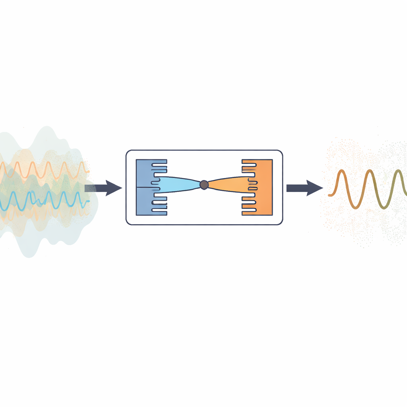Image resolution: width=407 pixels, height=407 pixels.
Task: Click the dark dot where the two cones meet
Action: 204,184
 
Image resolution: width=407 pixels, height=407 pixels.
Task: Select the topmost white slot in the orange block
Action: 249,162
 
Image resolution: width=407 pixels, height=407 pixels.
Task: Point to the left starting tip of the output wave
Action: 329,195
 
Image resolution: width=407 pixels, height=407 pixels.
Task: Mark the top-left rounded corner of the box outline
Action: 128,152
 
